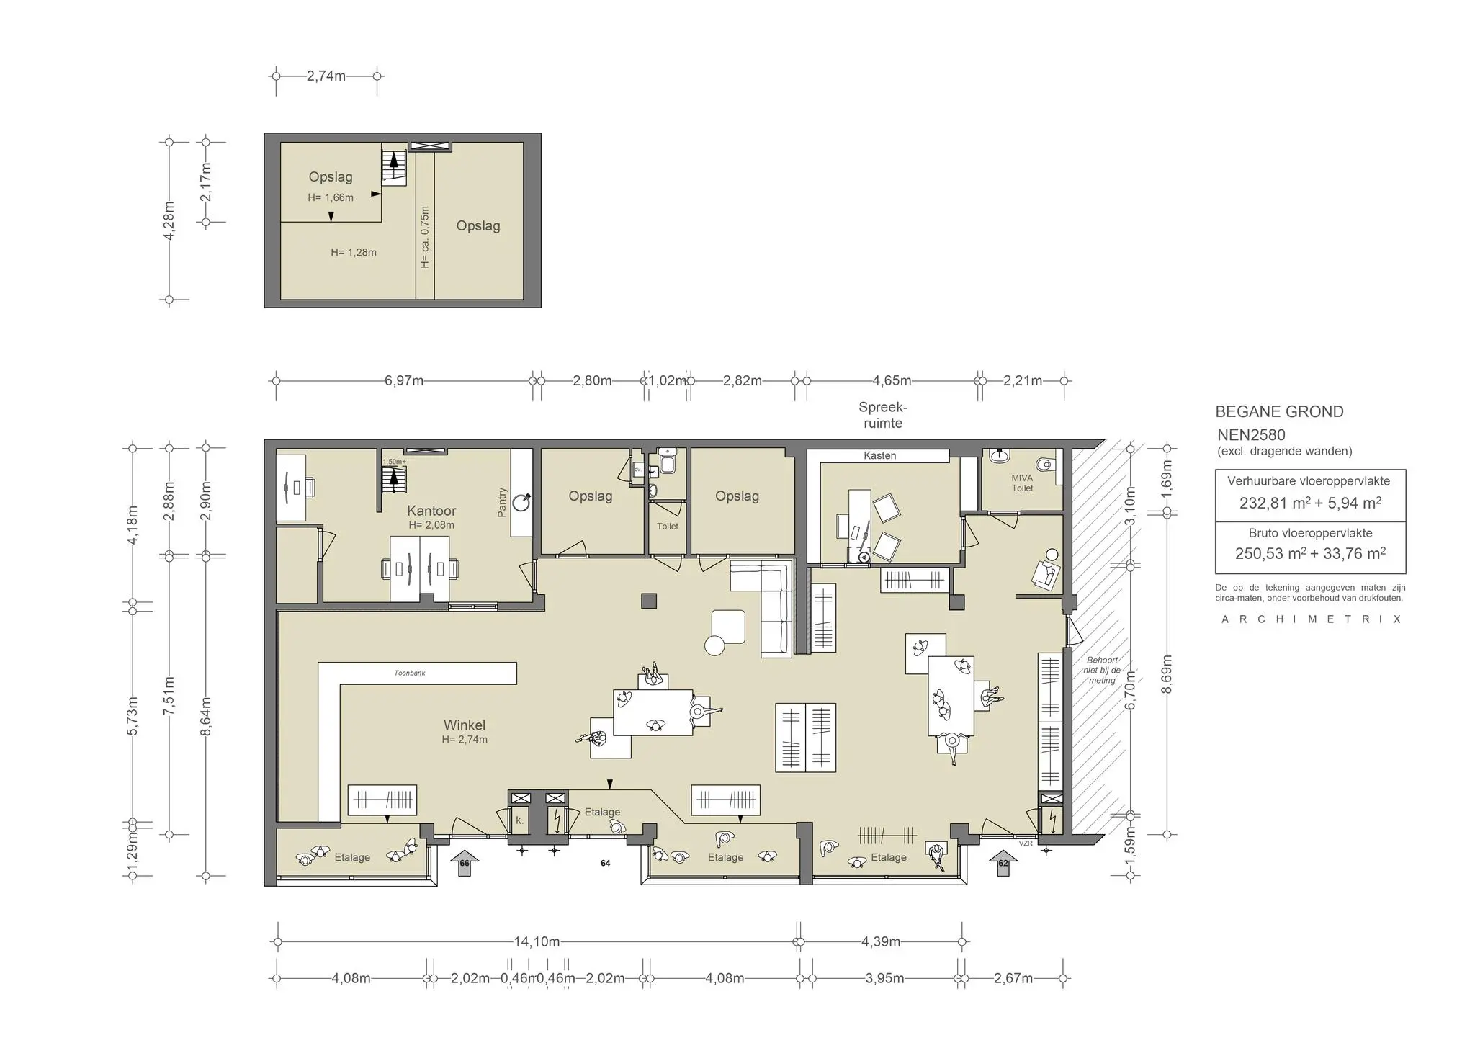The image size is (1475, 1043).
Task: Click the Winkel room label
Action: coord(464,725)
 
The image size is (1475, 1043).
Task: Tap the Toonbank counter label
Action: coord(409,673)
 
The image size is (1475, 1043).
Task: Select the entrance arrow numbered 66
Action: coord(464,863)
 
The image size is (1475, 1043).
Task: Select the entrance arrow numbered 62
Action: coord(1003,863)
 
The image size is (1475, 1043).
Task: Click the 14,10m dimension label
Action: coord(537,941)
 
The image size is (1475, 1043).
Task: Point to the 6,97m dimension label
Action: coord(403,380)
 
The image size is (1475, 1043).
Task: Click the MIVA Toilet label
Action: coord(1022,483)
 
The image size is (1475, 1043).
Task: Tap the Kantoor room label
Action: coord(431,511)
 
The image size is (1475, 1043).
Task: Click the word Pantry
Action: coord(502,502)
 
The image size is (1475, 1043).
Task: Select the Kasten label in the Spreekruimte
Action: coord(879,455)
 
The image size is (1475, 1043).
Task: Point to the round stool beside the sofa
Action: coord(714,646)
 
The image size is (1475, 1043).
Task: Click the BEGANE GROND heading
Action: coord(1279,411)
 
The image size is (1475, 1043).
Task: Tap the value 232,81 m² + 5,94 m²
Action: coord(1310,503)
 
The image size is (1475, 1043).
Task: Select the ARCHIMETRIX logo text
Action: coord(1311,619)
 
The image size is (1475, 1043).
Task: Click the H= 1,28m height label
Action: coord(354,252)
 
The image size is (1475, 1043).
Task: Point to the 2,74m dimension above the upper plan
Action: coord(326,76)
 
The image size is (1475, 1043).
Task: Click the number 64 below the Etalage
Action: coord(605,863)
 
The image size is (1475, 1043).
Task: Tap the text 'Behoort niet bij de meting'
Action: coord(1102,670)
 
